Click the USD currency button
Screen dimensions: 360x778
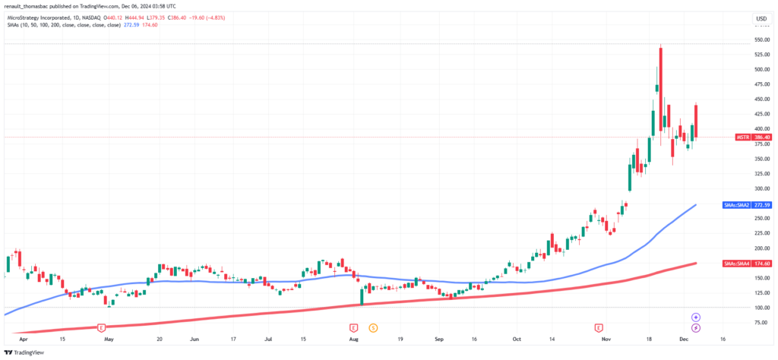click(x=759, y=18)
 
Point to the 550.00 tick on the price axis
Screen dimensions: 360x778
click(x=760, y=39)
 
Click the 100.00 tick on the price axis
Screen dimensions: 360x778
click(x=760, y=308)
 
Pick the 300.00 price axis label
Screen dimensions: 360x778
click(x=760, y=188)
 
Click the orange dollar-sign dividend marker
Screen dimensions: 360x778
click(x=373, y=327)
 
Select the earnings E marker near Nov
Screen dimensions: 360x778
click(x=599, y=327)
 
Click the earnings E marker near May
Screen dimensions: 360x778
click(x=101, y=327)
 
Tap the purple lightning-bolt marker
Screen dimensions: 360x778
click(x=695, y=327)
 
